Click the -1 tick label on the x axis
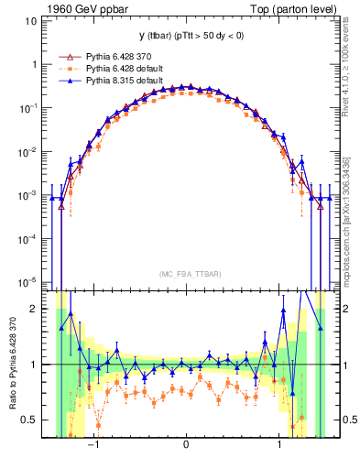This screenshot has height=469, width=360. pos(93,448)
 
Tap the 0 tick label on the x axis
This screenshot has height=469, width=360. pos(186,448)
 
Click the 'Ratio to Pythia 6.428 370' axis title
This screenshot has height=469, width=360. pos(12,365)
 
